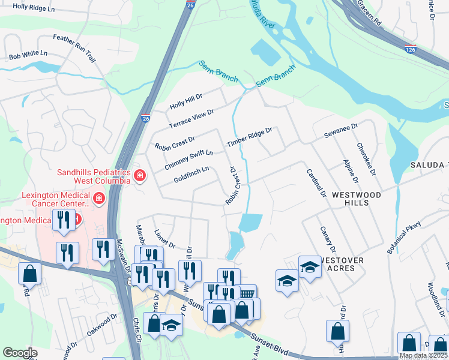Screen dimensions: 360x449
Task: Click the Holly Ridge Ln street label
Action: click(34, 7)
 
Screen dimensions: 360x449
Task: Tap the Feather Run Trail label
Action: click(74, 48)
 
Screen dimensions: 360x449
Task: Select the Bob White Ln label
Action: click(28, 55)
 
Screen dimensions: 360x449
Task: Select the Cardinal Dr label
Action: click(316, 183)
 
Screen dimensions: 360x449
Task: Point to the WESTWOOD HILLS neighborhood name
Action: click(357, 199)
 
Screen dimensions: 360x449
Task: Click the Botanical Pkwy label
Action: click(405, 238)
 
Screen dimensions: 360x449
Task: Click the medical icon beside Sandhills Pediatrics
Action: click(140, 176)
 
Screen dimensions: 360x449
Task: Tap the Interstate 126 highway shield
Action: click(411, 50)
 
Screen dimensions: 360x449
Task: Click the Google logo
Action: click(20, 353)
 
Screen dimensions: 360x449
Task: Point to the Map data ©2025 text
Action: click(423, 355)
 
